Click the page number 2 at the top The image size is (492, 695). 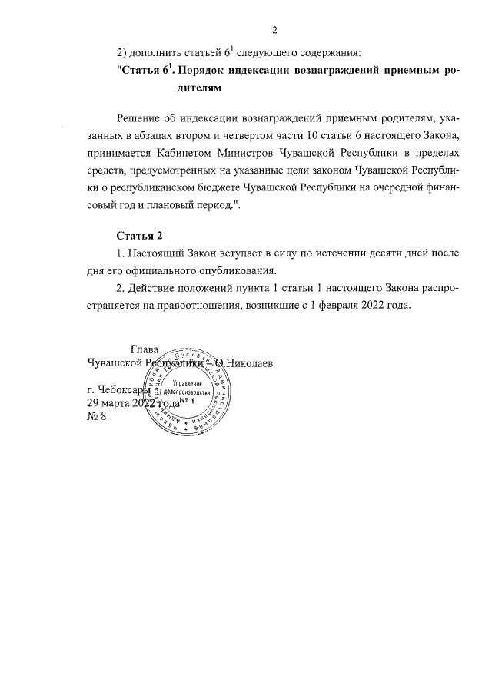point(274,31)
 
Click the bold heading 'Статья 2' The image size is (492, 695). point(139,235)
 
